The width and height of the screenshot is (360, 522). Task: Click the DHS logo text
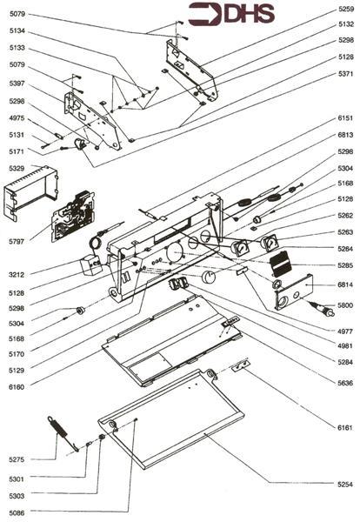250,15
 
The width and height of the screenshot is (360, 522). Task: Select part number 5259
346,9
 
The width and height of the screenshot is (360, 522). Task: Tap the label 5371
346,74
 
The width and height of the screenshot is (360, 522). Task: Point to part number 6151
345,118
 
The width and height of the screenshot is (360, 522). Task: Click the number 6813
345,135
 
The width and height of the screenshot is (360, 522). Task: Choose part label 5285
345,265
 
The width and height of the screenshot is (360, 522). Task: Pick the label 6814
345,285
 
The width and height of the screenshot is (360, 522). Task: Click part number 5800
345,305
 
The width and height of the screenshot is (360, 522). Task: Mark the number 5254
345,485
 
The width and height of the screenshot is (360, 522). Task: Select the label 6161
345,427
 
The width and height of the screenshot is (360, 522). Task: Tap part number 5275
17,459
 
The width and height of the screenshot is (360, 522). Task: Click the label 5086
17,513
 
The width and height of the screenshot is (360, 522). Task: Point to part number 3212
17,275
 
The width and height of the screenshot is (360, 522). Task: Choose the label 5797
17,241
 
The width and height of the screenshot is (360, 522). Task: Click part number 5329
17,169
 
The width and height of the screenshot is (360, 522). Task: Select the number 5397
17,84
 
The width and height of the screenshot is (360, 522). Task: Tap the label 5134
17,31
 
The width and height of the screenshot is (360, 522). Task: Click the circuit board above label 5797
72,217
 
